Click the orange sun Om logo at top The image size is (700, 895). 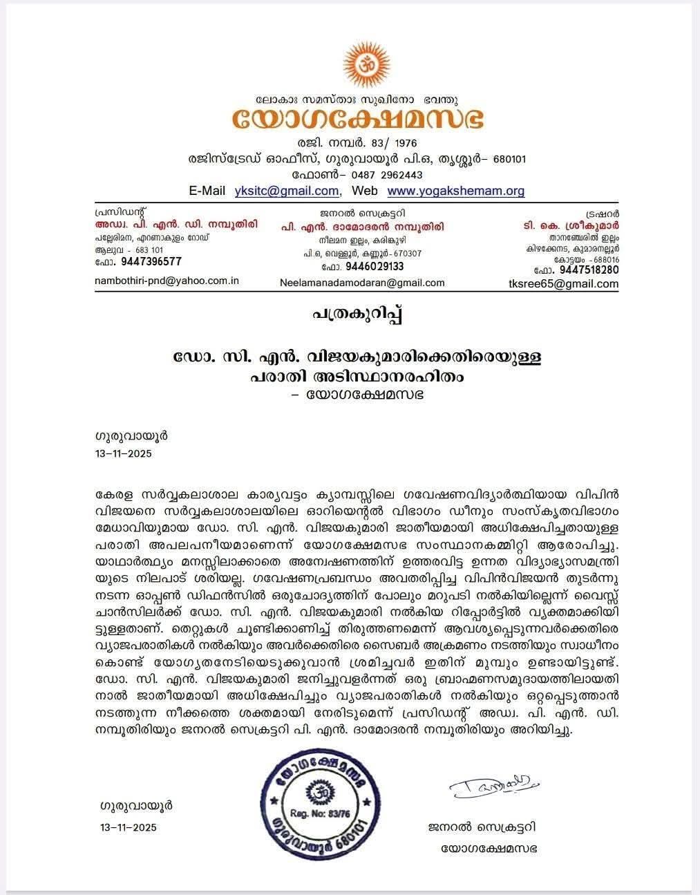(357, 64)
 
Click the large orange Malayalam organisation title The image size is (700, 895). (357, 119)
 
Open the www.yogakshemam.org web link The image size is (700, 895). (455, 191)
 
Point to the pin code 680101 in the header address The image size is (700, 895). (511, 159)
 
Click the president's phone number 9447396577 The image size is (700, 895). (151, 261)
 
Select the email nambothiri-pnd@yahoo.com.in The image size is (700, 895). (167, 281)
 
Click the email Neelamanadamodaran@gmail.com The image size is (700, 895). (362, 283)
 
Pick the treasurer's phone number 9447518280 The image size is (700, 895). (589, 270)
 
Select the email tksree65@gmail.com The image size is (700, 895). (573, 283)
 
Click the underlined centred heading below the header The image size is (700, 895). (357, 315)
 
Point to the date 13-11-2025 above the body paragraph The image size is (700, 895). (122, 454)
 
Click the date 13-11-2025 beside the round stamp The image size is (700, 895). (128, 827)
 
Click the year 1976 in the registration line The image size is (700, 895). (403, 143)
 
